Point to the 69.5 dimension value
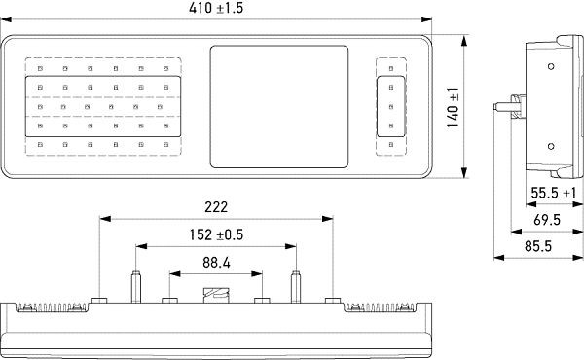pyautogui.click(x=546, y=221)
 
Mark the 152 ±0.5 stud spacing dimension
pyautogui.click(x=214, y=234)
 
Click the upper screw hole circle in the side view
pyautogui.click(x=550, y=66)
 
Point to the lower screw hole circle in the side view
pyautogui.click(x=550, y=146)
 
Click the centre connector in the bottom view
pyautogui.click(x=216, y=295)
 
